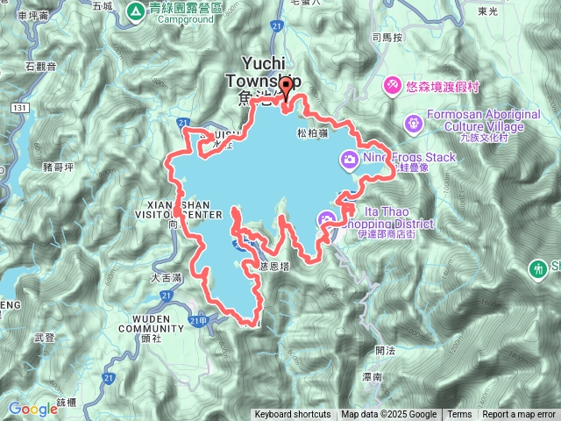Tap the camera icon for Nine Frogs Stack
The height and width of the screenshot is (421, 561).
[349, 159]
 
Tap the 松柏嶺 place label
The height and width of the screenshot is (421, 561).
[311, 134]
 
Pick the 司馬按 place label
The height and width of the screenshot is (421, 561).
[387, 38]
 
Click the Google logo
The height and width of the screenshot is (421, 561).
[32, 409]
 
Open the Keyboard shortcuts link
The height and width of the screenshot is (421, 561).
[293, 415]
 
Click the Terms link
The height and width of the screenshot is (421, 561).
[459, 415]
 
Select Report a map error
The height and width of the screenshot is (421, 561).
[520, 415]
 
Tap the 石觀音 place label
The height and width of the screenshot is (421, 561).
[41, 65]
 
